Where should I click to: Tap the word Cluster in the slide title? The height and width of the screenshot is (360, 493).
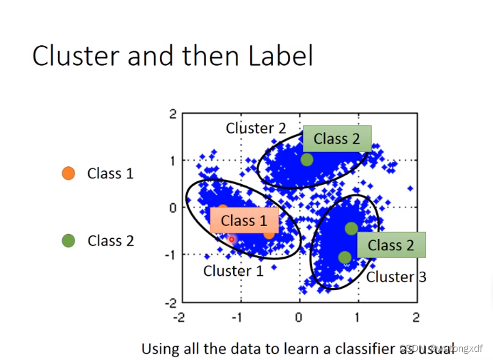pos(75,55)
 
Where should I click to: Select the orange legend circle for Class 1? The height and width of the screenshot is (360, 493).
pos(68,174)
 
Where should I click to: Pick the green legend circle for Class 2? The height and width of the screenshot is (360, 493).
pos(68,240)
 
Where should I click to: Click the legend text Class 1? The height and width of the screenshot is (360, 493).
pos(110,174)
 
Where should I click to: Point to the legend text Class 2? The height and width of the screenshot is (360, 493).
pos(110,241)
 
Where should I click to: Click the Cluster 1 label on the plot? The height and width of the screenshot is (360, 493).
pos(233,271)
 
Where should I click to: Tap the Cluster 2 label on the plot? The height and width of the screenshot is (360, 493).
pos(256,128)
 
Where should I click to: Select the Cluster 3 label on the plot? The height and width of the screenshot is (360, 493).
pos(396,277)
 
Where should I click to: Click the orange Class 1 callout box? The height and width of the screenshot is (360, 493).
pos(244,220)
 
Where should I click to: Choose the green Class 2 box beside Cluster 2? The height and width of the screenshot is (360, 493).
pos(336,138)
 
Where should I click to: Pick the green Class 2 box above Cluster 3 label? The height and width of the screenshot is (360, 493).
pos(391,245)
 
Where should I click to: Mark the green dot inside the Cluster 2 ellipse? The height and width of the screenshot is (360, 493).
pos(306,159)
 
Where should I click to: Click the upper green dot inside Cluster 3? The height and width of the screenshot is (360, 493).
pos(351,228)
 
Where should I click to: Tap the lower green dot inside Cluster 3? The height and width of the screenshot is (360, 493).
pos(345,257)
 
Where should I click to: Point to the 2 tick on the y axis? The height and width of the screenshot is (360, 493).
pos(173,114)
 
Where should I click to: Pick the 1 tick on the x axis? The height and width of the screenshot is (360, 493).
pos(357,318)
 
